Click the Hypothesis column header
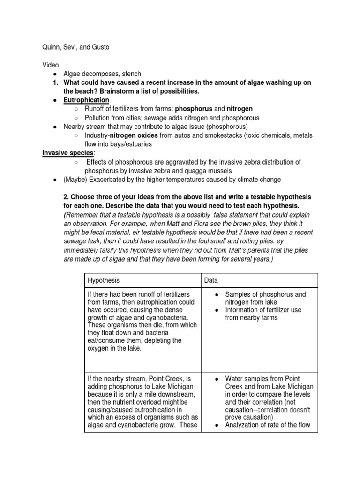(104, 280)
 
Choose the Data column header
(211, 280)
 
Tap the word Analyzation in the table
(245, 426)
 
